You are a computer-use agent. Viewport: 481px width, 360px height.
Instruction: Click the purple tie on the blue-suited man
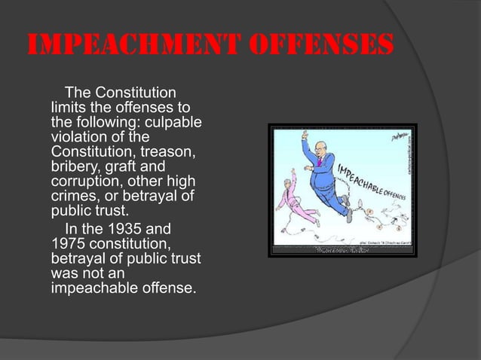[x=320, y=160]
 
